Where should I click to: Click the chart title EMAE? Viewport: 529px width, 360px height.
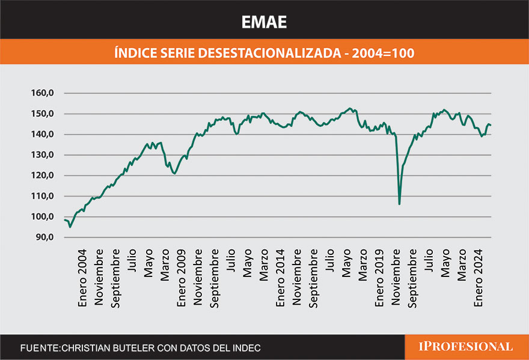click(x=264, y=22)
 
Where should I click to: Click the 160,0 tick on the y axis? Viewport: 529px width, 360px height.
click(x=42, y=93)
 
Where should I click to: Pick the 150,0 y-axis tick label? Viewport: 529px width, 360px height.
click(x=42, y=114)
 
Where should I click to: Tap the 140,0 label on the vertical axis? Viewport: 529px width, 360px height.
click(x=42, y=135)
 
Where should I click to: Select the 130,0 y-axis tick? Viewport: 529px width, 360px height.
click(x=42, y=155)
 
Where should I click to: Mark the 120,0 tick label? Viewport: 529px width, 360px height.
click(x=42, y=175)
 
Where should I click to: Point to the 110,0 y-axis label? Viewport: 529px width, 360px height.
click(x=42, y=197)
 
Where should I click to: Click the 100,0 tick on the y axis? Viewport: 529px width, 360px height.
click(x=42, y=217)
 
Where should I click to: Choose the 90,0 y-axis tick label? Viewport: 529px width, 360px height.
click(x=44, y=237)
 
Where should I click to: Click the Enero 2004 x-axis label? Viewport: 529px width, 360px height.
click(x=82, y=276)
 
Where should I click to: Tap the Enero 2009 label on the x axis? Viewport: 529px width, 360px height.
click(x=181, y=276)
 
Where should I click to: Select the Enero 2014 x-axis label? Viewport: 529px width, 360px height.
click(x=280, y=276)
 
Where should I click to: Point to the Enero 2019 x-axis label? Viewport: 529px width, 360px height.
click(x=379, y=276)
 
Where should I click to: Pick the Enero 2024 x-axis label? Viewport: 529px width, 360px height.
click(x=478, y=276)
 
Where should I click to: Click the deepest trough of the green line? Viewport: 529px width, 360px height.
click(x=399, y=204)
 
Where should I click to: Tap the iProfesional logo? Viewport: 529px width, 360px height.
click(x=466, y=347)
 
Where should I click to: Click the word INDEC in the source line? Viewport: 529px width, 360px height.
click(x=246, y=348)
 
